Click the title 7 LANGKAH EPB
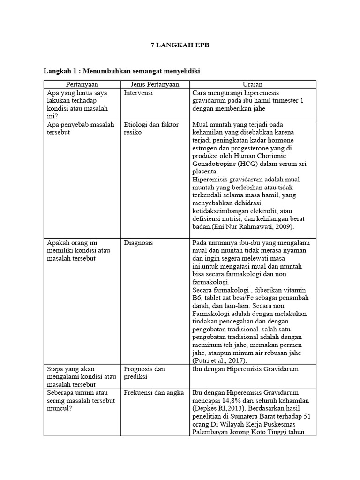[180, 45]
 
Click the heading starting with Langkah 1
[122, 71]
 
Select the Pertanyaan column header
[82, 84]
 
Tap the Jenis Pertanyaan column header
[155, 84]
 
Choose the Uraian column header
[253, 84]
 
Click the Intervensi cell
[139, 93]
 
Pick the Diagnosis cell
[138, 243]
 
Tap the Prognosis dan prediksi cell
[144, 373]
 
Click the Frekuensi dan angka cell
[154, 392]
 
